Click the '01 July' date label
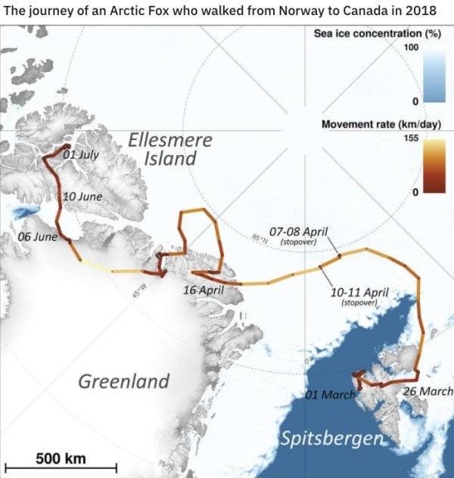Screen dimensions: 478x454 (x=81, y=154)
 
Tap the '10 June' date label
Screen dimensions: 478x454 (x=82, y=197)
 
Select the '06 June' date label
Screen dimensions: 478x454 (x=37, y=237)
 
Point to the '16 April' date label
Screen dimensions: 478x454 (x=204, y=290)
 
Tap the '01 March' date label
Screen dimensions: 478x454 (x=330, y=396)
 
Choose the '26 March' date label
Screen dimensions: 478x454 (x=428, y=391)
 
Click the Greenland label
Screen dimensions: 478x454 (x=124, y=380)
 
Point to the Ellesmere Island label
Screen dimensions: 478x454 (x=170, y=150)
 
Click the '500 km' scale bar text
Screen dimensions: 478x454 (x=61, y=458)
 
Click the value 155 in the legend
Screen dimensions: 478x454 (x=409, y=138)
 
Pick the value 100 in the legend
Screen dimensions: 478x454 (x=411, y=48)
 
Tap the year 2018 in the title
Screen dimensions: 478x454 (x=420, y=11)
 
